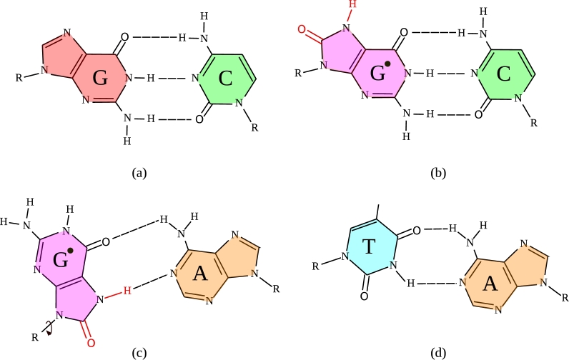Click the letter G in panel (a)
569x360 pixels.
click(x=100, y=79)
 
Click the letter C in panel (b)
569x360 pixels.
click(x=503, y=74)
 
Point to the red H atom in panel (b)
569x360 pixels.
click(x=350, y=6)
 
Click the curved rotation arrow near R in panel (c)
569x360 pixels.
click(x=47, y=329)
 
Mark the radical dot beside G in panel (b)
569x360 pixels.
click(x=387, y=65)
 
